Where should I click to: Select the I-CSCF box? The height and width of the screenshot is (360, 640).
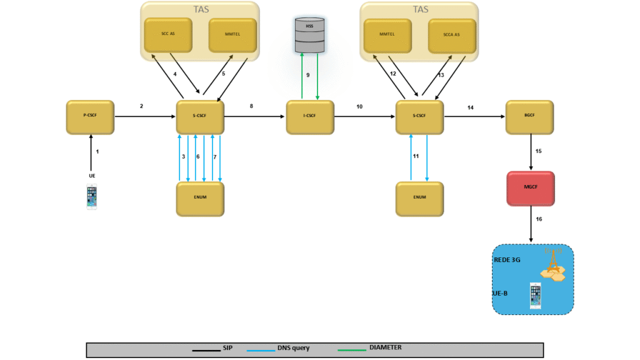coord(310,116)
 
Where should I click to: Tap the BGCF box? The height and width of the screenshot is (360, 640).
coord(529,116)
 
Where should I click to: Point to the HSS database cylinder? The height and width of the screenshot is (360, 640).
coord(310,35)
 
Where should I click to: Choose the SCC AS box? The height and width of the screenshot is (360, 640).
coord(168,35)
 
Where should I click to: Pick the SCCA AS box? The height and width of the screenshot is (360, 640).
coord(452,35)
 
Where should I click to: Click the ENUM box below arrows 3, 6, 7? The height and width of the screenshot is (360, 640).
coord(200,199)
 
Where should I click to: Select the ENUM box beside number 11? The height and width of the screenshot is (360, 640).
coord(419,199)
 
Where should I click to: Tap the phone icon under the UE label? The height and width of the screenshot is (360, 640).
coord(92,197)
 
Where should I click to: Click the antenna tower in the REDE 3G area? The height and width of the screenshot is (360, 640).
coord(553,263)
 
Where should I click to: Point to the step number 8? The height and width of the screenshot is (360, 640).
coord(251,106)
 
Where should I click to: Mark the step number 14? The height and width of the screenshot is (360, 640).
coord(471,107)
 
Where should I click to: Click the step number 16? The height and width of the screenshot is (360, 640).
coord(539,219)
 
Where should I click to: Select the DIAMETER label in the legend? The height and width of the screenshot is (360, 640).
coord(386,347)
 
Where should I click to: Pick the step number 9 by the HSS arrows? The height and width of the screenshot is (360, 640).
coord(307,75)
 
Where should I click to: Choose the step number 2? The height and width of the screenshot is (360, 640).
coord(141,106)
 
